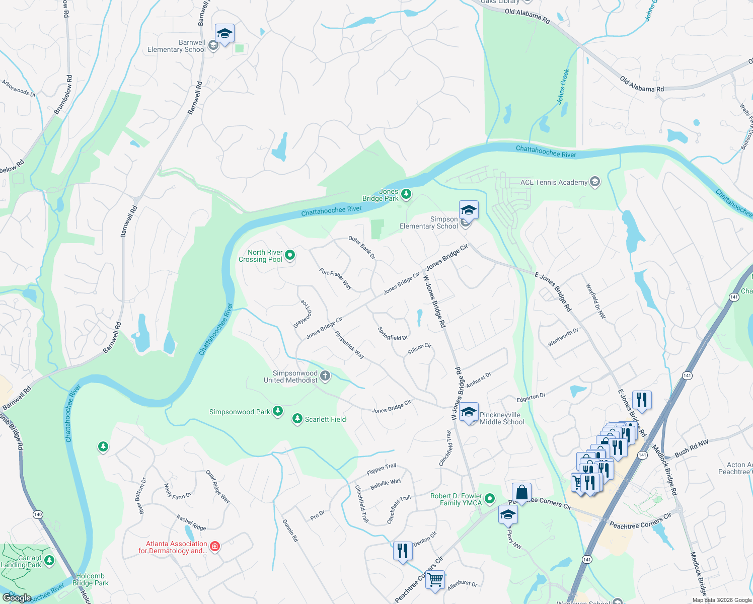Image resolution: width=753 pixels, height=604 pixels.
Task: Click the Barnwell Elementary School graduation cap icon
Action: pyautogui.click(x=224, y=34)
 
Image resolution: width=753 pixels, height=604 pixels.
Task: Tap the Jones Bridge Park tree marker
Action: pyautogui.click(x=406, y=194)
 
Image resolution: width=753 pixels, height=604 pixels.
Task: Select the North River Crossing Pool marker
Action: pyautogui.click(x=290, y=255)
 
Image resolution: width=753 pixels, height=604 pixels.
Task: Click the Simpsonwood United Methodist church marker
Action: pyautogui.click(x=325, y=375)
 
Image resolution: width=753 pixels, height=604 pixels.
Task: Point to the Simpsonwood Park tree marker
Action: pyautogui.click(x=277, y=411)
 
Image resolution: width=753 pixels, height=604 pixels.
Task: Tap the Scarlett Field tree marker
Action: pyautogui.click(x=297, y=419)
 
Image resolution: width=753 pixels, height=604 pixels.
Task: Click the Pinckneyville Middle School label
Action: pyautogui.click(x=502, y=418)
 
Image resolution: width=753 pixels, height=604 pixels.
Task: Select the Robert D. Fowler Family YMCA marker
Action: pyautogui.click(x=489, y=499)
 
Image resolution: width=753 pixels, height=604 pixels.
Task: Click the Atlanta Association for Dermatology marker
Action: pyautogui.click(x=215, y=547)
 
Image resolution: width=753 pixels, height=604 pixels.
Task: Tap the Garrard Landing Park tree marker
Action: pyautogui.click(x=49, y=560)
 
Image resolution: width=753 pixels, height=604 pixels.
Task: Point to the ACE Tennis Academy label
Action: pyautogui.click(x=554, y=182)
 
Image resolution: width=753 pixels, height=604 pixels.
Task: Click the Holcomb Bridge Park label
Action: pyautogui.click(x=91, y=579)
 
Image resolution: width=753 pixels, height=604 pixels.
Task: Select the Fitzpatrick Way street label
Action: pyautogui.click(x=349, y=344)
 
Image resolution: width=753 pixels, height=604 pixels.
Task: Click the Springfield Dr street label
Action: pyautogui.click(x=393, y=334)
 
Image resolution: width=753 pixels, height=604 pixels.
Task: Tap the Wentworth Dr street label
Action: pyautogui.click(x=563, y=337)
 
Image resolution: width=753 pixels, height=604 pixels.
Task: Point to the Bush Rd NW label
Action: pyautogui.click(x=691, y=448)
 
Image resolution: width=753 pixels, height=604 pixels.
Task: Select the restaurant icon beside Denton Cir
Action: pyautogui.click(x=402, y=551)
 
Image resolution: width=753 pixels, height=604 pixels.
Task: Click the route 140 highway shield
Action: pyautogui.click(x=38, y=514)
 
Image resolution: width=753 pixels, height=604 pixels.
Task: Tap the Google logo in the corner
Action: pyautogui.click(x=17, y=597)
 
